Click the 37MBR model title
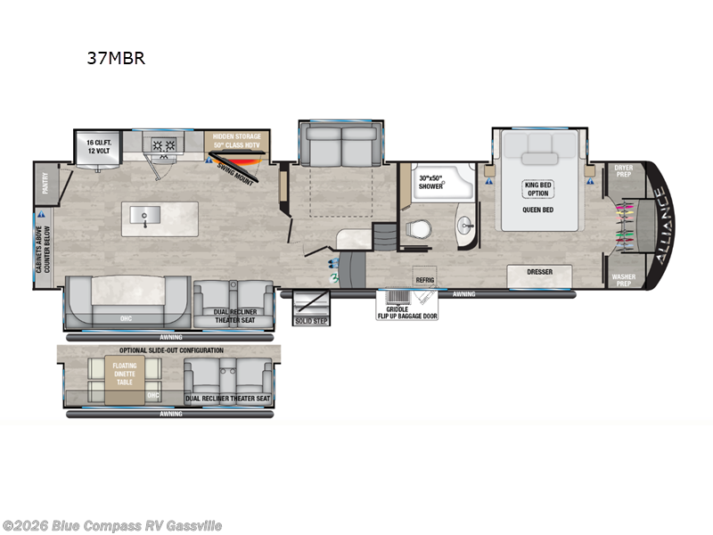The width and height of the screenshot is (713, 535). tap(116, 60)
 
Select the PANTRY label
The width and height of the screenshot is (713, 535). tap(45, 184)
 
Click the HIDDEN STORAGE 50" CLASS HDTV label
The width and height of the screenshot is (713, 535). tap(236, 142)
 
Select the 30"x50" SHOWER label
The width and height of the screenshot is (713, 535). tap(431, 181)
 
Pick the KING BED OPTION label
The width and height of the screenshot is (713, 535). tap(537, 187)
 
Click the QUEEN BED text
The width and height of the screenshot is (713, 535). tap(537, 210)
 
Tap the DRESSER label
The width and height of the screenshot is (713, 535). tap(540, 272)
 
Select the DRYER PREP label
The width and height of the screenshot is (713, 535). tap(625, 170)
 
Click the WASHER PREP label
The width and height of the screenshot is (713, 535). tap(624, 279)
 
